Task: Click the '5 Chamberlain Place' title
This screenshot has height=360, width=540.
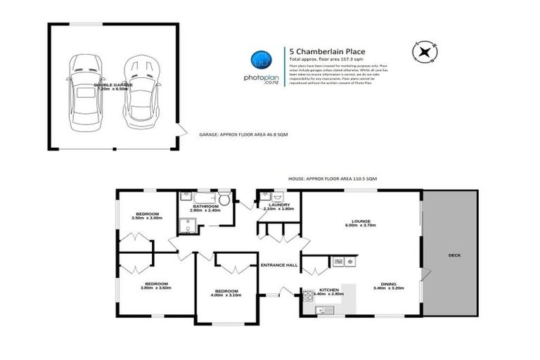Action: (319, 51)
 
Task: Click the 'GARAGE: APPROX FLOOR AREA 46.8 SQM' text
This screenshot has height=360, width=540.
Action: (243, 134)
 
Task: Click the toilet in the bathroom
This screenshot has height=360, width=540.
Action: (224, 197)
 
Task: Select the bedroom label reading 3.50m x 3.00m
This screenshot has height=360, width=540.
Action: (146, 216)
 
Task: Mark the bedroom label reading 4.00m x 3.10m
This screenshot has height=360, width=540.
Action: (226, 292)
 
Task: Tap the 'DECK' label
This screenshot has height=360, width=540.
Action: (454, 255)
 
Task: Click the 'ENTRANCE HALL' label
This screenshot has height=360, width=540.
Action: (279, 265)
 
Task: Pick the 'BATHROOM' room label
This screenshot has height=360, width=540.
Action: (205, 206)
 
